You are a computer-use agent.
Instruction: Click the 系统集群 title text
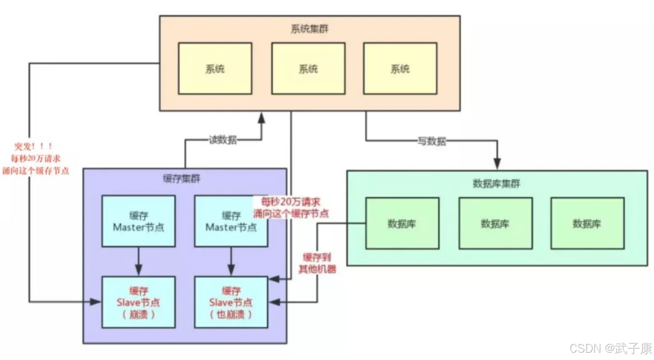[310, 28]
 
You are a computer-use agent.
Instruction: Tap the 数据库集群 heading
[496, 184]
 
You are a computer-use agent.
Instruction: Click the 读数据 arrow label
[223, 140]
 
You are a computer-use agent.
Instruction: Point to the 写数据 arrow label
[431, 142]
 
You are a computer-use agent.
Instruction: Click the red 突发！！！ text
[32, 147]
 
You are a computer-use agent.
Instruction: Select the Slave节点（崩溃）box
[138, 302]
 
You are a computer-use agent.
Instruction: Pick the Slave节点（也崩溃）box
[231, 302]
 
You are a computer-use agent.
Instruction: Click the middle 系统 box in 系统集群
[308, 69]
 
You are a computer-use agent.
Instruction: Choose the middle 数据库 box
[495, 223]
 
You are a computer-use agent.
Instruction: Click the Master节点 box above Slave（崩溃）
[138, 221]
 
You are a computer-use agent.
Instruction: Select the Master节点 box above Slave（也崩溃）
[231, 221]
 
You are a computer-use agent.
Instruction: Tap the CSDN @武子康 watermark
[611, 348]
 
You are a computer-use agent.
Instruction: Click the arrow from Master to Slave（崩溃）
[138, 261]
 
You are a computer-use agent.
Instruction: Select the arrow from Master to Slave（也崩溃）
[231, 261]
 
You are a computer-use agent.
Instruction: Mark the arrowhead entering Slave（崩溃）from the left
[96, 302]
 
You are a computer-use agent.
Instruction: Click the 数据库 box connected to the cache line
[402, 223]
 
